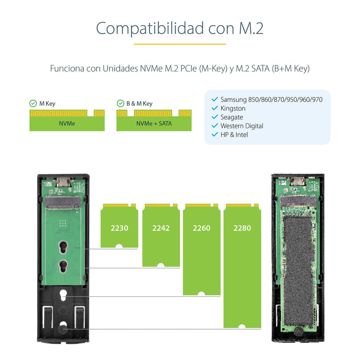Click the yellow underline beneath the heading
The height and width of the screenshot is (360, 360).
coord(180,44)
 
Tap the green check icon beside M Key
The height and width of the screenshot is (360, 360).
coord(33,103)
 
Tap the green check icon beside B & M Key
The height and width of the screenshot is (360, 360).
coord(120,103)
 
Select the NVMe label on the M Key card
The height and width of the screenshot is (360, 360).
coord(67,124)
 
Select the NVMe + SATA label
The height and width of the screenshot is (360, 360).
coord(154,124)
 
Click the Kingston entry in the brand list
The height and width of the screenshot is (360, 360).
coord(233,109)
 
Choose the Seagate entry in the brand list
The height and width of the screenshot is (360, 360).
coord(231,117)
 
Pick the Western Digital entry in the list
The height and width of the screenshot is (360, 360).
coord(242,126)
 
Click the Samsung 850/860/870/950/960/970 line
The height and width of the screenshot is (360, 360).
coord(271,99)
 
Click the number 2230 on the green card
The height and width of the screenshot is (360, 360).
coord(118,228)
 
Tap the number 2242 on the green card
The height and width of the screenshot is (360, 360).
coord(161,228)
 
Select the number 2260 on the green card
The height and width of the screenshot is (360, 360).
coord(201,228)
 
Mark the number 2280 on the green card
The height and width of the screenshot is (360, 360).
coord(242,228)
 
